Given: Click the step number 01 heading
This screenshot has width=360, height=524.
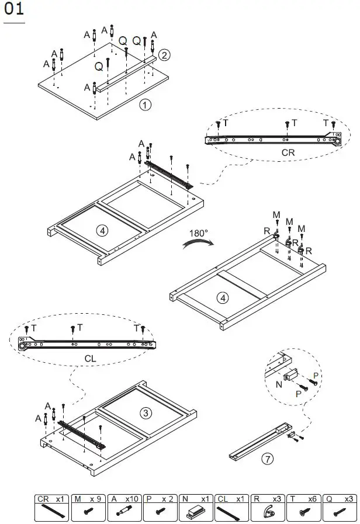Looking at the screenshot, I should (x=14, y=10).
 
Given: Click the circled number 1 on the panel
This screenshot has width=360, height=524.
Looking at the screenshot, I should (x=145, y=105).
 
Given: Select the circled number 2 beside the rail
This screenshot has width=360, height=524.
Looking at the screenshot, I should (x=165, y=55).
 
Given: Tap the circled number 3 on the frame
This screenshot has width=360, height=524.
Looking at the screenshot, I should (x=146, y=413).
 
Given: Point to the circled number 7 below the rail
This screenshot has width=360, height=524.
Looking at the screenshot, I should (x=267, y=459).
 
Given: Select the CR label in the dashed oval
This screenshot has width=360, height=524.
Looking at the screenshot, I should (x=288, y=152).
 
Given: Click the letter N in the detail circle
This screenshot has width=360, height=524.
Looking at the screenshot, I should (x=279, y=385).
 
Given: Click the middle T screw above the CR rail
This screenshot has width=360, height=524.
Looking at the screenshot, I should (x=286, y=124).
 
